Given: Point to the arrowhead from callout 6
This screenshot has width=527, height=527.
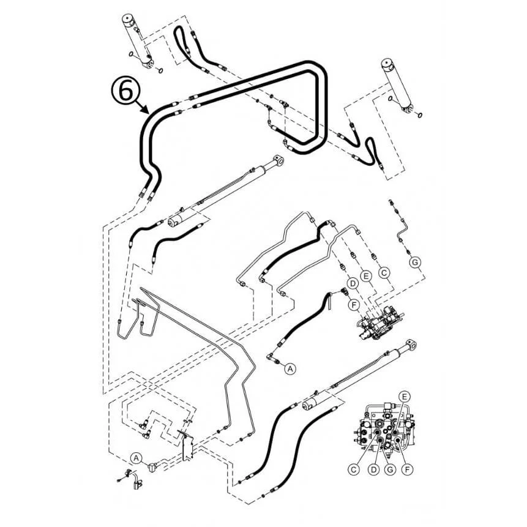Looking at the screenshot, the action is point(145,109).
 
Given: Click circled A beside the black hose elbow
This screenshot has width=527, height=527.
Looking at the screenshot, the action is point(290,368).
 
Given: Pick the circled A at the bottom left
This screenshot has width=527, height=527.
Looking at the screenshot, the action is point(136,458).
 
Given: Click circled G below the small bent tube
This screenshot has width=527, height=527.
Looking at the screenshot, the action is point(416,262).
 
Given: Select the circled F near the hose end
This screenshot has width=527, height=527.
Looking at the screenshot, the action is point(353,305).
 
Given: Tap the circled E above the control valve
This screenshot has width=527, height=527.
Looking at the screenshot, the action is point(366,276).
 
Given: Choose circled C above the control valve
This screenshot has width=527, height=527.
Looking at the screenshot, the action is point(384,272).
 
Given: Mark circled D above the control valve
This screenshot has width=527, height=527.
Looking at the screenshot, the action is point(353,283).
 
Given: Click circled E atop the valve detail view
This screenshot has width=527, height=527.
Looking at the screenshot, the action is point(405,397).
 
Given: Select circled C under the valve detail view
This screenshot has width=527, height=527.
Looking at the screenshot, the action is point(353,469).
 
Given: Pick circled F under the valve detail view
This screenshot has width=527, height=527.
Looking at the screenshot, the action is point(407,469).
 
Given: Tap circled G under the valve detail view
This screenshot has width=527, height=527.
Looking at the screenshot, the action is point(390,469).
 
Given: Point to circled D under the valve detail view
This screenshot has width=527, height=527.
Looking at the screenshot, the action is point(373,469).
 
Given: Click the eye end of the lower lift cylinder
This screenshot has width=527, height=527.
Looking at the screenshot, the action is point(411,345).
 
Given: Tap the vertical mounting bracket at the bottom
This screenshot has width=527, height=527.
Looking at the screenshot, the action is point(187,447).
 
